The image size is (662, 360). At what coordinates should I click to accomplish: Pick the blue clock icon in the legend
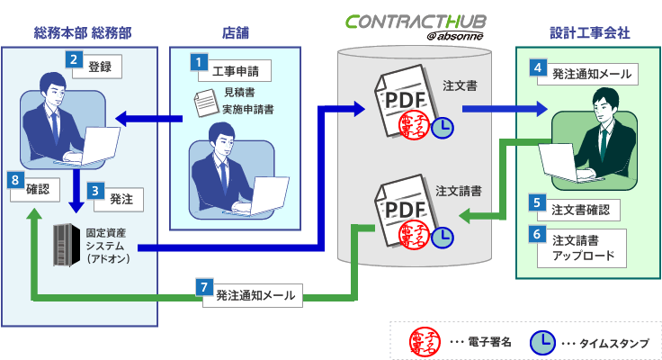point(542,343)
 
